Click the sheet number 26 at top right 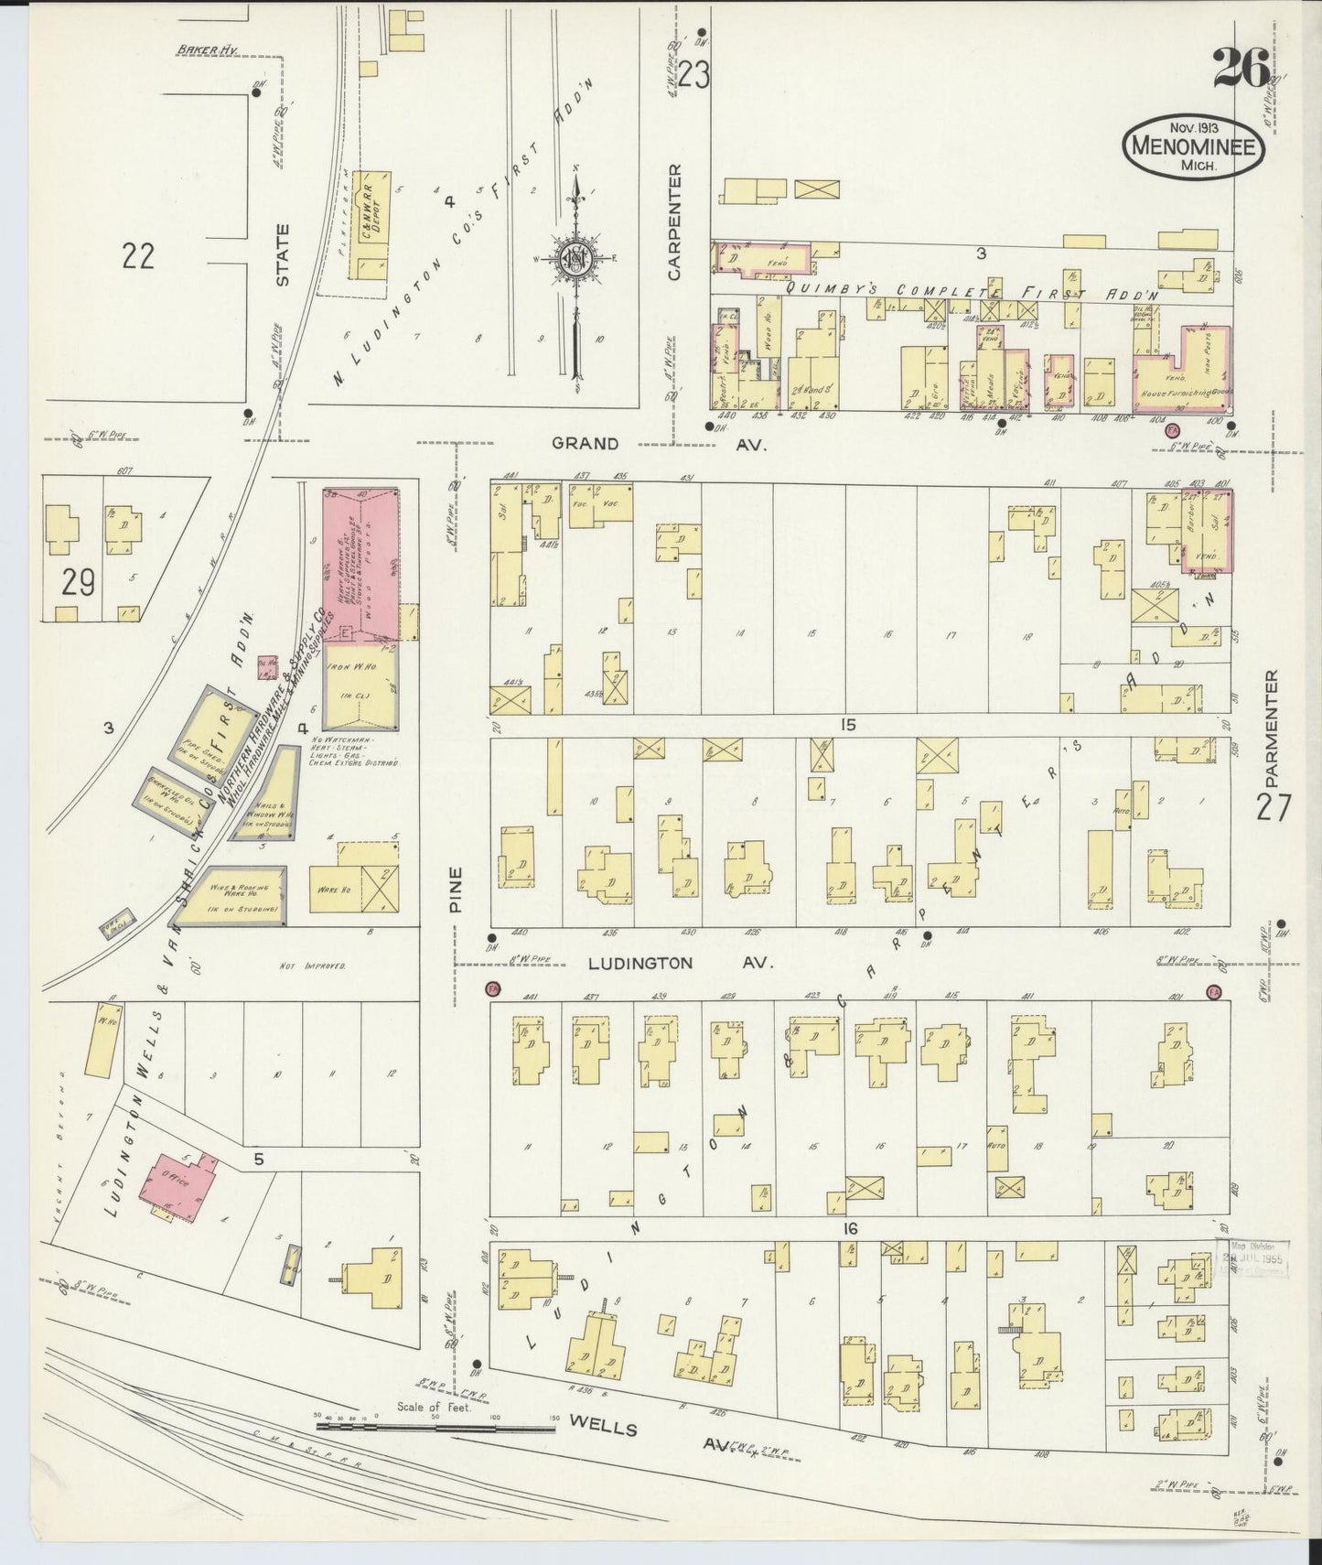click(1241, 68)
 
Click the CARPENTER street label click(675, 221)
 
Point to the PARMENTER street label click(1271, 728)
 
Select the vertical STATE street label click(282, 255)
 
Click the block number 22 click(137, 256)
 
